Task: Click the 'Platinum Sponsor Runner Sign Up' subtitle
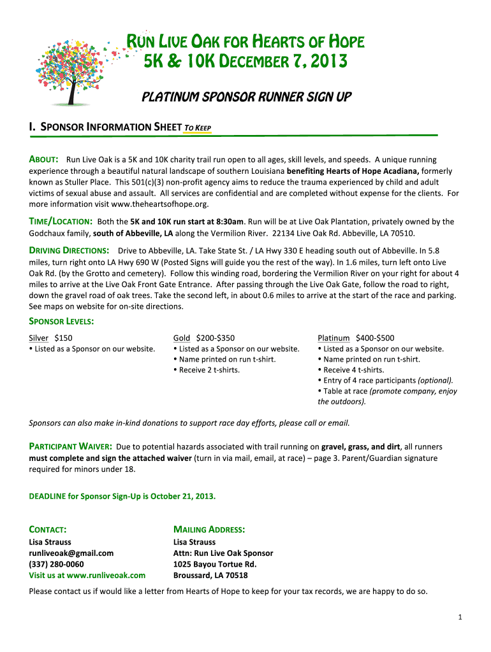pos(246,97)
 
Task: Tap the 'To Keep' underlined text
pos(198,128)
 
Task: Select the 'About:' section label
pos(44,159)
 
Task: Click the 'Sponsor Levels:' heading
pos(61,322)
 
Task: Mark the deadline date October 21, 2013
pos(182,495)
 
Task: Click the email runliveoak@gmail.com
pos(71,553)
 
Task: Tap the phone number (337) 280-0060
pos(56,564)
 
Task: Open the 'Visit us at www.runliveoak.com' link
pos(87,575)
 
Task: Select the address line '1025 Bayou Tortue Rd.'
pos(215,564)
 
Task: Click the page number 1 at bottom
pos(460,617)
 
